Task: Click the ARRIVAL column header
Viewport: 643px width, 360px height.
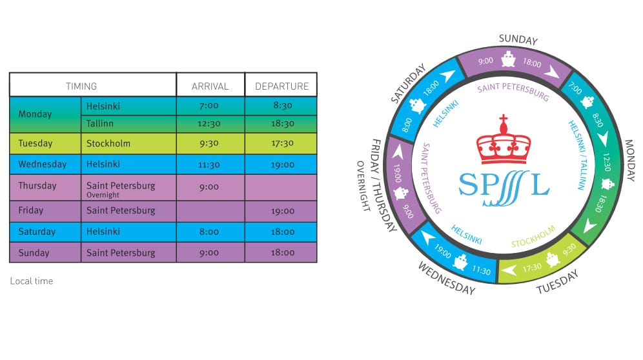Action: click(x=210, y=86)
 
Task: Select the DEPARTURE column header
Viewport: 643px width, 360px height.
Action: click(x=281, y=86)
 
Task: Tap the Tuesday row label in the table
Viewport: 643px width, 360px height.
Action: click(x=36, y=143)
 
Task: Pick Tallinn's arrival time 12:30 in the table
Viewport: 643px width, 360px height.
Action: click(x=209, y=123)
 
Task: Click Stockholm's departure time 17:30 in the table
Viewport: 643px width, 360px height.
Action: click(x=282, y=143)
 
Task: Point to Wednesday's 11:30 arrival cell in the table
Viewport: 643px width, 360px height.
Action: click(x=209, y=165)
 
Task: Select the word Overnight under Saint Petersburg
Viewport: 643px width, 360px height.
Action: click(x=103, y=195)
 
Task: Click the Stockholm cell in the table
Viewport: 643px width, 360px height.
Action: click(x=108, y=143)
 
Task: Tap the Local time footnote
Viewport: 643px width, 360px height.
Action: click(x=32, y=281)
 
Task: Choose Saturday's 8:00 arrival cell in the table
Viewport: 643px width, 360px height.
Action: click(x=209, y=232)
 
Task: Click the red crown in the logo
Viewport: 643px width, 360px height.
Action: click(x=504, y=139)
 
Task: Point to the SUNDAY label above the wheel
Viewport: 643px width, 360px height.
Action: click(x=518, y=39)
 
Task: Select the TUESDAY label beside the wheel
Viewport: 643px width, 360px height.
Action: click(x=557, y=281)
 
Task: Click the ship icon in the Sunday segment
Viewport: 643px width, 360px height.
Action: click(x=509, y=59)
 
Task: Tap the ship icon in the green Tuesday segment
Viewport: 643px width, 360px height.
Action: click(x=553, y=259)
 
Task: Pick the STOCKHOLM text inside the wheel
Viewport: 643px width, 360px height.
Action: click(x=533, y=236)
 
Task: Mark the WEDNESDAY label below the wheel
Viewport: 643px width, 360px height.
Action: click(x=447, y=279)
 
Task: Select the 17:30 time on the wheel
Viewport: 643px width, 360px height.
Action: click(x=532, y=268)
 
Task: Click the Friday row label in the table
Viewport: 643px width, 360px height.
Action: click(x=31, y=210)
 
